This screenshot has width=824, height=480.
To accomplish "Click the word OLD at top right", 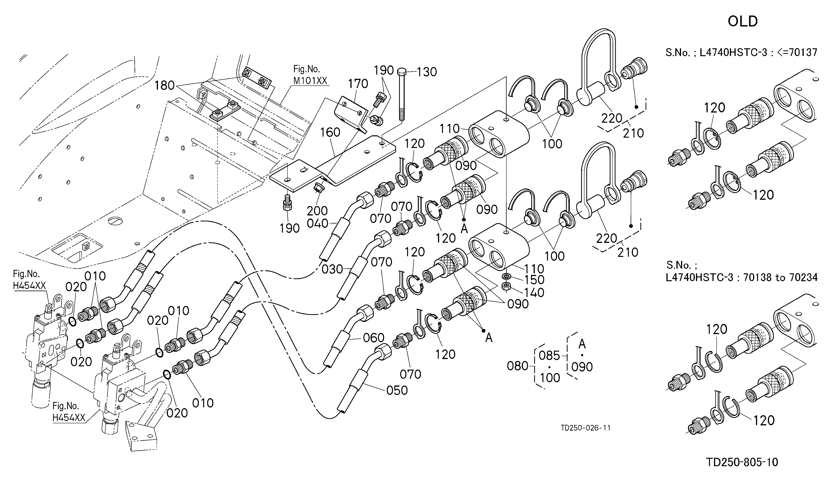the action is tap(743, 22).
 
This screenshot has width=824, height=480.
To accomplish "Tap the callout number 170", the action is tap(358, 84).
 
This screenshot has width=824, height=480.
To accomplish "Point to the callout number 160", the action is tap(330, 132).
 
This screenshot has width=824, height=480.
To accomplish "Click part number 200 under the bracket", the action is tap(317, 210).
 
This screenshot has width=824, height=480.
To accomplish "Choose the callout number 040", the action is tap(317, 224).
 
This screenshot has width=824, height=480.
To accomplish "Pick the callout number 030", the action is tap(332, 270).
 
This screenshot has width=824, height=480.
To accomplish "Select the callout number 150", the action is tap(534, 280).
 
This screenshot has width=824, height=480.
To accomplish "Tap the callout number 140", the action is tap(534, 293).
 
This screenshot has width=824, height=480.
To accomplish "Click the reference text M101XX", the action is tap(310, 81).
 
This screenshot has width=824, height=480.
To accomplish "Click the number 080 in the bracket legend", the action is tap(518, 366).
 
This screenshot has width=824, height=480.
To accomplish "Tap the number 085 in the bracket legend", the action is tap(549, 356).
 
